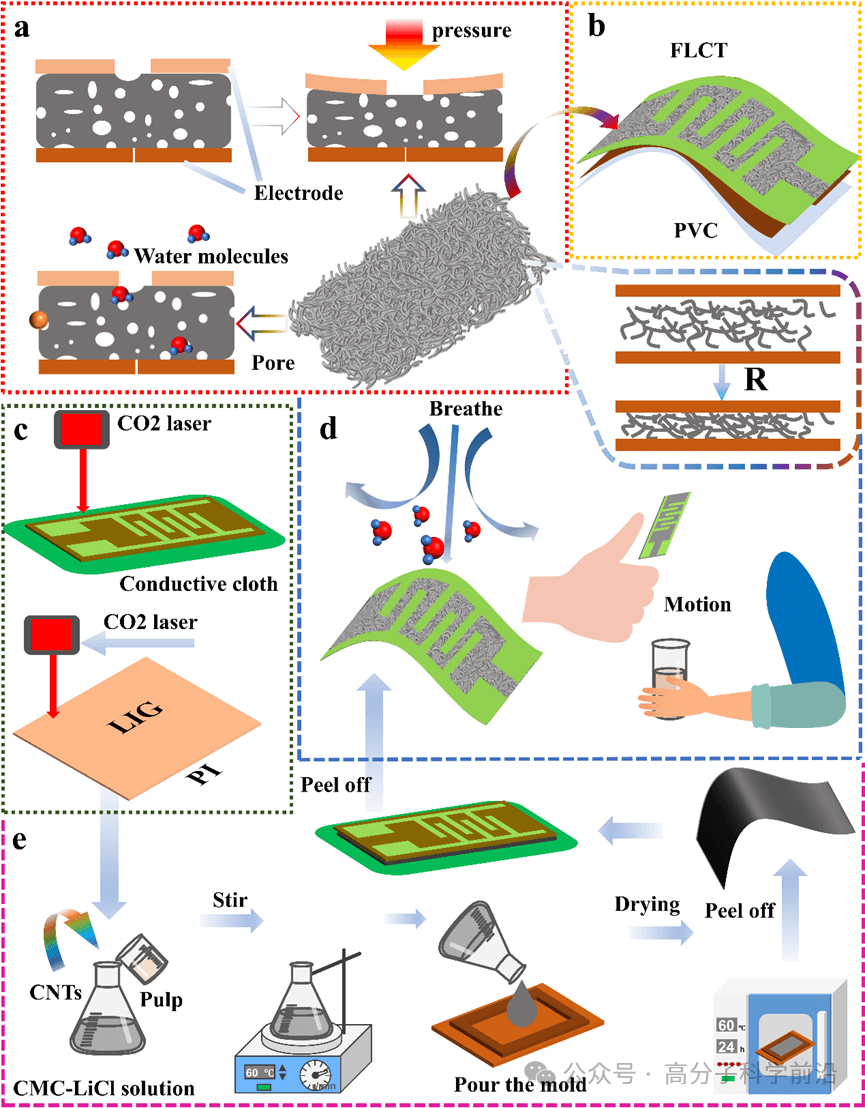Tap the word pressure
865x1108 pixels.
click(471, 30)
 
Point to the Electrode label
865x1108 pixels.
click(298, 193)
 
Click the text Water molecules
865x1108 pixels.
click(212, 257)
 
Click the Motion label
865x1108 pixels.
click(697, 604)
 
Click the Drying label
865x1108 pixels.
click(647, 905)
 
